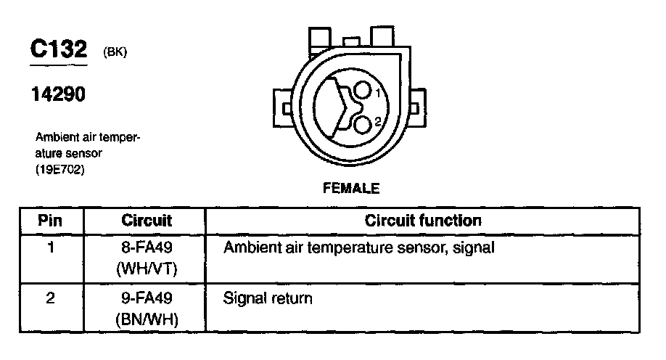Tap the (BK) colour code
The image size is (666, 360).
pos(116,52)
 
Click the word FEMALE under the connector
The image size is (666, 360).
pos(350,188)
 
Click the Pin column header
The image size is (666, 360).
pos(50,220)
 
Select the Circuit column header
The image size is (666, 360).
pos(146,220)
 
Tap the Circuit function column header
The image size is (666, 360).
pos(423,220)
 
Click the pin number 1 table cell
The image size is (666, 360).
pos(50,248)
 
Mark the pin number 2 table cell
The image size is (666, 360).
pos(50,298)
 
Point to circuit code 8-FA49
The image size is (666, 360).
pos(146,248)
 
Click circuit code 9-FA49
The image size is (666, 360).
pos(146,298)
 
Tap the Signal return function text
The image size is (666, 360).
pos(268,298)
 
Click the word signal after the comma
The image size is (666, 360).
pos(473,248)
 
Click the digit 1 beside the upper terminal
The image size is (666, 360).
pos(377,92)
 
